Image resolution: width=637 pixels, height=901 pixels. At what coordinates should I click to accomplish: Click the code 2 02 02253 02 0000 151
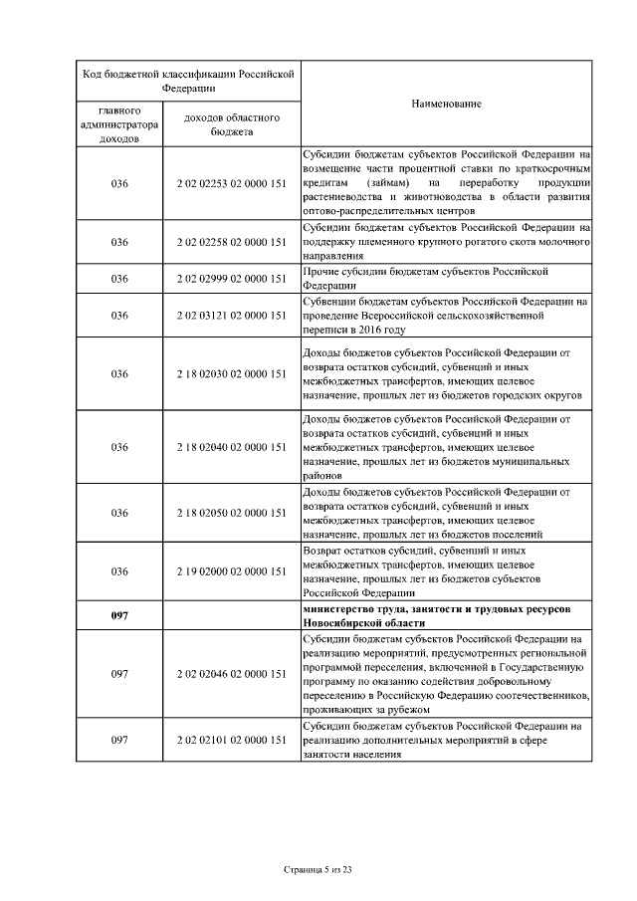[x=231, y=182]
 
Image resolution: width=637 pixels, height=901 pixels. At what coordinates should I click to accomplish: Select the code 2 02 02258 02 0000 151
[x=231, y=242]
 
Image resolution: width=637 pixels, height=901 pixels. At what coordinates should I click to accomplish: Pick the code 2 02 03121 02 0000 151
[x=231, y=316]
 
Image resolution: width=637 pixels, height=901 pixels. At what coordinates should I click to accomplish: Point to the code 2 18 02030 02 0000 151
[x=231, y=374]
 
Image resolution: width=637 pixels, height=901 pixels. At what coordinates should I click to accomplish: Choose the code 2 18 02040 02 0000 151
[x=231, y=447]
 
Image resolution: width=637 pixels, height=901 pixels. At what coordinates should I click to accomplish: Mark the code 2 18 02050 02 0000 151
[x=231, y=513]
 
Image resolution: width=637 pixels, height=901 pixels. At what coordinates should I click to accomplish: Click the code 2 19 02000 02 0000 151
[x=231, y=571]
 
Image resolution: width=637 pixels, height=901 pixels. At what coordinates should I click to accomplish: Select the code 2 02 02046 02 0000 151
[x=231, y=674]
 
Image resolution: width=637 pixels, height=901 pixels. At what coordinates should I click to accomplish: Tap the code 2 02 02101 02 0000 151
[x=231, y=740]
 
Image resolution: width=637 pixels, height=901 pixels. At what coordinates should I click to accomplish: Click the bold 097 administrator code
[x=119, y=615]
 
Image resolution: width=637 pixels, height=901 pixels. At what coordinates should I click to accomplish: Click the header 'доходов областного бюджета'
[x=231, y=124]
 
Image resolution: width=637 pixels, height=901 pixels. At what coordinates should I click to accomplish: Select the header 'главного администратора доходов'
[x=119, y=124]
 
